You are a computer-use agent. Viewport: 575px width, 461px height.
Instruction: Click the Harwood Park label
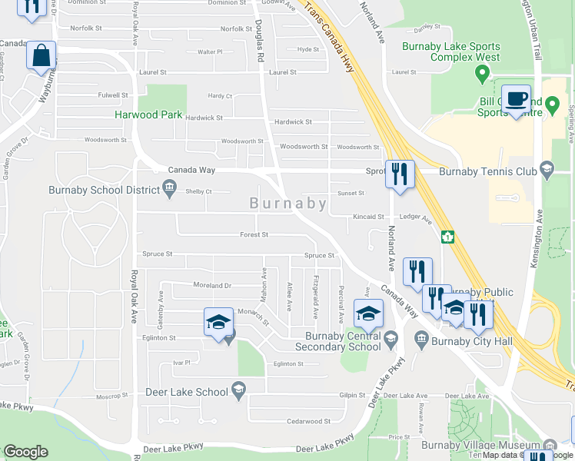pyautogui.click(x=148, y=114)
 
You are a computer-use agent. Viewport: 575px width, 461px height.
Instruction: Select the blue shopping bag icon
pyautogui.click(x=42, y=57)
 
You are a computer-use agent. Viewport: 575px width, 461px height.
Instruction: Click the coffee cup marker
pyautogui.click(x=517, y=100)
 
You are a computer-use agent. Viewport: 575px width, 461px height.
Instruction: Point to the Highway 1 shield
pyautogui.click(x=446, y=237)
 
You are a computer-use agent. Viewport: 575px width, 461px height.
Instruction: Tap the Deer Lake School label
pyautogui.click(x=187, y=392)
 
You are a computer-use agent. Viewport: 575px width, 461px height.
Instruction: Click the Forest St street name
pyautogui.click(x=254, y=235)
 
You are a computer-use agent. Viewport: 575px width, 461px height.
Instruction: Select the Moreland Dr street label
pyautogui.click(x=212, y=285)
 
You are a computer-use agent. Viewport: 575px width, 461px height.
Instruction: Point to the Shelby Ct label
pyautogui.click(x=198, y=191)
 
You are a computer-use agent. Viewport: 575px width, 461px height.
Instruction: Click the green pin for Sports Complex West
pyautogui.click(x=483, y=75)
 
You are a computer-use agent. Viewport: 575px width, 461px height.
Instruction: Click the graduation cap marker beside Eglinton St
pyautogui.click(x=219, y=323)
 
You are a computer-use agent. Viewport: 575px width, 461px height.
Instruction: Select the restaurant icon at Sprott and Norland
pyautogui.click(x=401, y=174)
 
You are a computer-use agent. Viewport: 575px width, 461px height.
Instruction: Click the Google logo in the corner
pyautogui.click(x=25, y=451)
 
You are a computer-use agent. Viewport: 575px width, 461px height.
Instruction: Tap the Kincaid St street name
pyautogui.click(x=368, y=217)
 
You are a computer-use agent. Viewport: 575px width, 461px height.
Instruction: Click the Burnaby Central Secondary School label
pyautogui.click(x=343, y=340)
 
